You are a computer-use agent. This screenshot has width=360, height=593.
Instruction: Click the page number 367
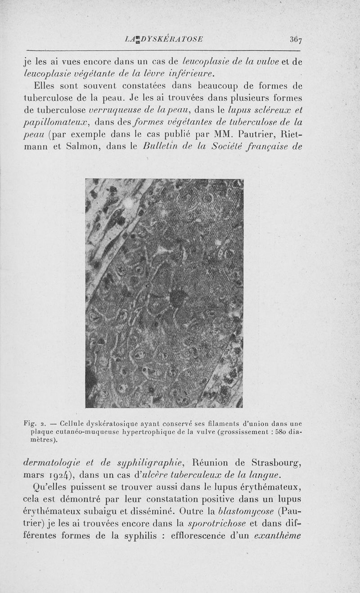click(296, 39)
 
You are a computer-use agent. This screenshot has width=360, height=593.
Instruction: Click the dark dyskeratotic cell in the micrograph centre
click(178, 298)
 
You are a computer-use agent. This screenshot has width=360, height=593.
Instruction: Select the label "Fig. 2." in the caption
click(33, 424)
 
